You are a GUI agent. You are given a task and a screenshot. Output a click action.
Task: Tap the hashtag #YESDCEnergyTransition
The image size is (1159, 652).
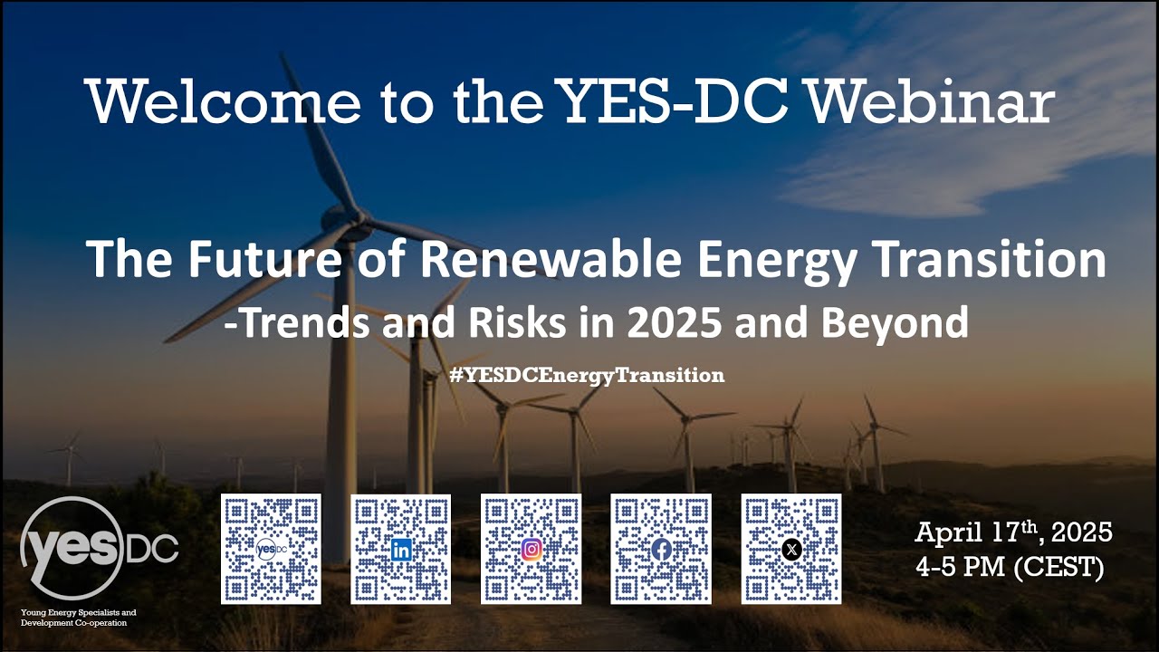tap(587, 375)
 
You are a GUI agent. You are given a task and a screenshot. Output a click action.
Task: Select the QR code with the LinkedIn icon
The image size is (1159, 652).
tap(401, 549)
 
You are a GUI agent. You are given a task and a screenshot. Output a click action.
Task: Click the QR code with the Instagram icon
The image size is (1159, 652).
tap(532, 549)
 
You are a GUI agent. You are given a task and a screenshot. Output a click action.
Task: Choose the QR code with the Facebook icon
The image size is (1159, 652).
tap(661, 549)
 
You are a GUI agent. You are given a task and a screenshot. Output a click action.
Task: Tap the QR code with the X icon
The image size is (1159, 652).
tap(791, 549)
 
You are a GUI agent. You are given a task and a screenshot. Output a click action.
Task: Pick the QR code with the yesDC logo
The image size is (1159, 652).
tap(271, 549)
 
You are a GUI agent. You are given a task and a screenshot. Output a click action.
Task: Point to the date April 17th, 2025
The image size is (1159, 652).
tap(1013, 532)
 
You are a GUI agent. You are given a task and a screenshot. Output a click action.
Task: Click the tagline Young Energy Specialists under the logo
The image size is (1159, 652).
tap(78, 613)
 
